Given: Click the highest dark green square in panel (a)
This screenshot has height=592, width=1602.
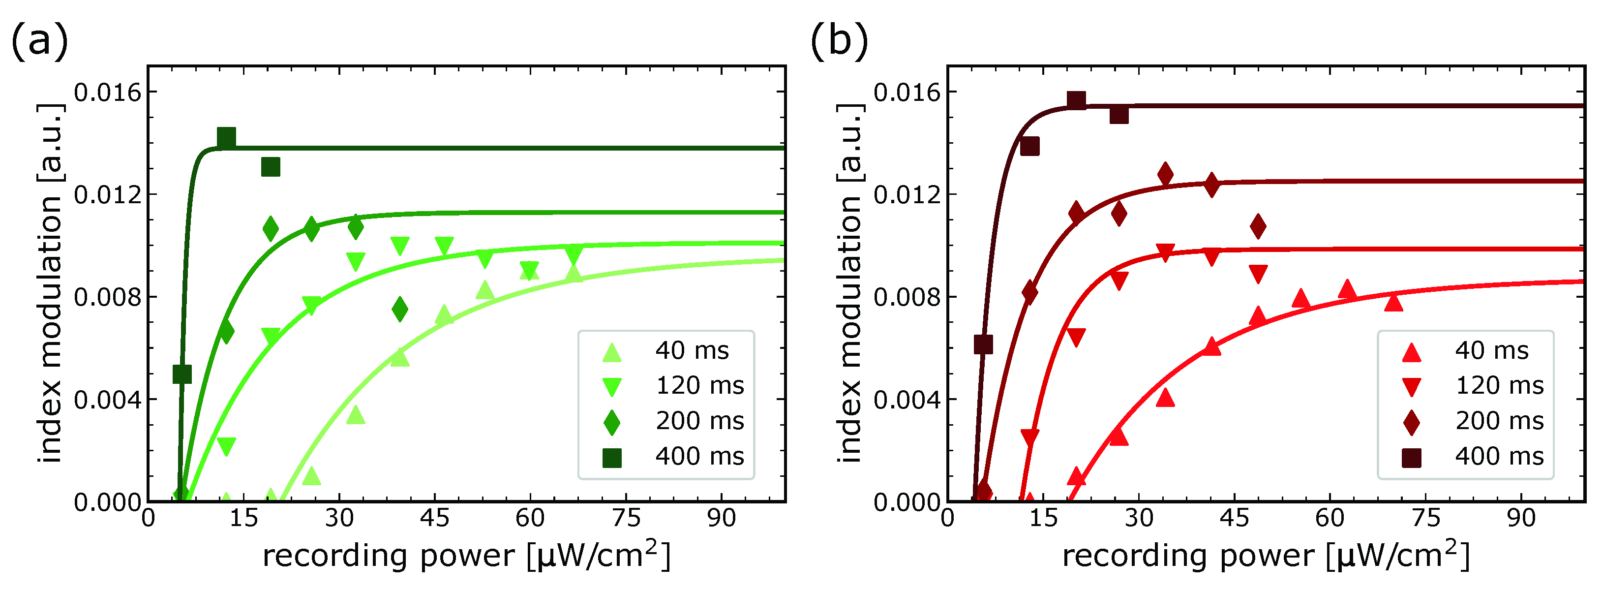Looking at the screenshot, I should click(226, 138).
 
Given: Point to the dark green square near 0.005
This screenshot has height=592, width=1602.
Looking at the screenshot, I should click(181, 374).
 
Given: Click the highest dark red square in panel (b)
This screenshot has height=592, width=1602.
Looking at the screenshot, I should click(1077, 100).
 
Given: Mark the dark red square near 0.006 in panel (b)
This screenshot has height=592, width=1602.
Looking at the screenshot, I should click(983, 344).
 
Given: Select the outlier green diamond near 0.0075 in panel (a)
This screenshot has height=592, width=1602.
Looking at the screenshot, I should click(400, 309).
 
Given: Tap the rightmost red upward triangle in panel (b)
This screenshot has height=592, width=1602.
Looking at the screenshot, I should click(1393, 303).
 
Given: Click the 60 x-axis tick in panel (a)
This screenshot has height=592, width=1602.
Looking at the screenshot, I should click(530, 518).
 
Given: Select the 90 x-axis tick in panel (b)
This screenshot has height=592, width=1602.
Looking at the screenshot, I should click(1521, 518).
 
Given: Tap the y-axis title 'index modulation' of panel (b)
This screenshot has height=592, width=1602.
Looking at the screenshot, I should click(849, 283).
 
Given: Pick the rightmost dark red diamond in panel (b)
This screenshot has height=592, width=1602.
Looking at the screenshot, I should click(1258, 226).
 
